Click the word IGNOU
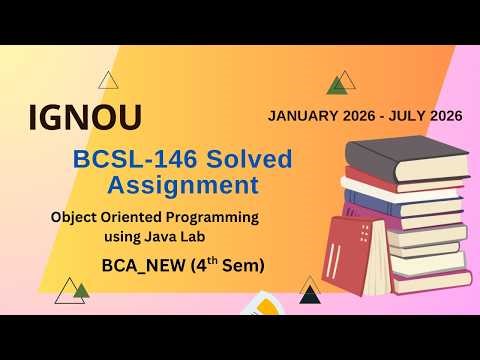tap(84, 118)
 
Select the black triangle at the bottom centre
tap(309, 295)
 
